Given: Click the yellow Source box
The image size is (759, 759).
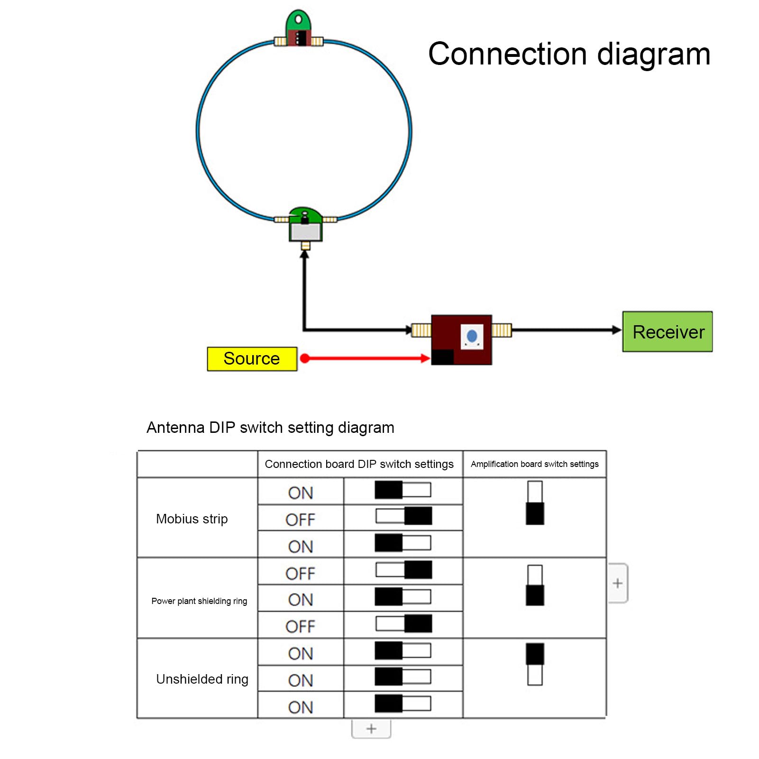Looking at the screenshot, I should [252, 359].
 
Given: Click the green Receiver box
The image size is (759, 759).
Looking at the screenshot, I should [667, 331].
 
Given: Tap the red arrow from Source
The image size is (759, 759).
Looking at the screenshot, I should [365, 358].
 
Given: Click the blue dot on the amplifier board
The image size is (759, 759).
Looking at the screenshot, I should [472, 336].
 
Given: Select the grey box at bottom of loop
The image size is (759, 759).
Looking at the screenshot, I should [306, 232].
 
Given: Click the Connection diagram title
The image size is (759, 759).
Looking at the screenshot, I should [569, 54].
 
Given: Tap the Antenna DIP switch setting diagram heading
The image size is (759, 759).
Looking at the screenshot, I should [270, 428].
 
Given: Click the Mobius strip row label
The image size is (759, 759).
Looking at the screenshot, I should [192, 519].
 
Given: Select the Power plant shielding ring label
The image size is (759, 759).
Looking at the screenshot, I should [199, 601].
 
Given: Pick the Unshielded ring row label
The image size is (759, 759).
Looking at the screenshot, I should [202, 679].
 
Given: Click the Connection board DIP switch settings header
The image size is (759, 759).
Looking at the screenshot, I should [359, 464].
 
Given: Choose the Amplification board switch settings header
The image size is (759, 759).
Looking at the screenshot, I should [534, 464].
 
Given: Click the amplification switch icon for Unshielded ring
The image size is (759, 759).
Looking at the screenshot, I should [535, 664].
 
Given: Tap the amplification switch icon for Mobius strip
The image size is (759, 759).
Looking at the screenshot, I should [535, 503].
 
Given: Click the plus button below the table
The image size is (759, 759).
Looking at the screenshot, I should [371, 729].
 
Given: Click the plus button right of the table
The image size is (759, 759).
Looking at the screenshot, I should [618, 583].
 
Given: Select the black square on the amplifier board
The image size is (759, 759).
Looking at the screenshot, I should [443, 357].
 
